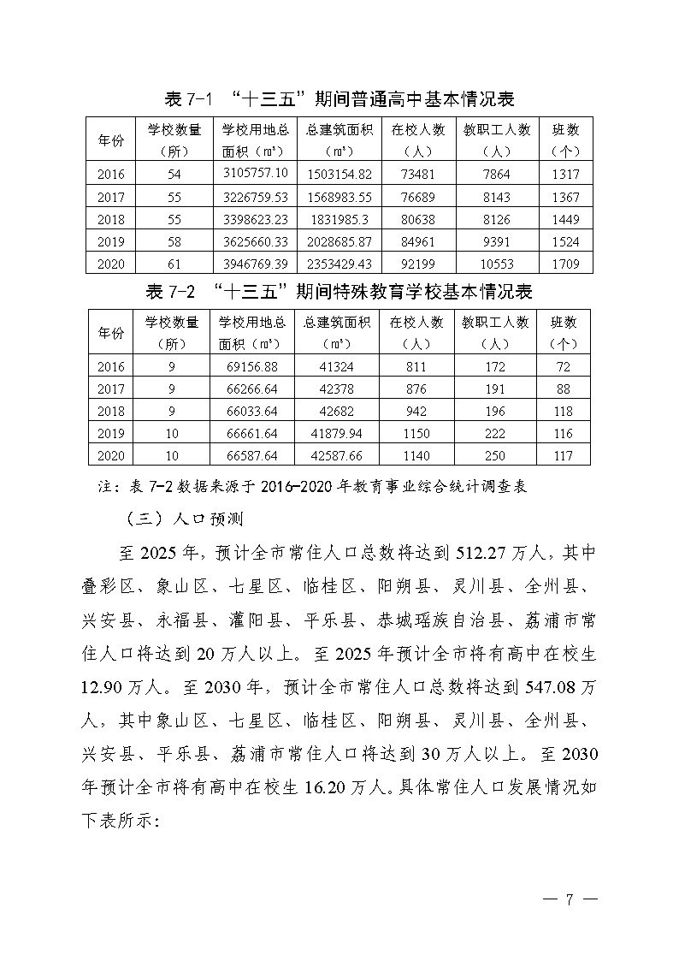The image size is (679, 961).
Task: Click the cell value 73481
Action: (417, 175)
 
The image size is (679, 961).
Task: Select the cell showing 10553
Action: (496, 264)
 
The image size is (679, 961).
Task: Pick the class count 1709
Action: (565, 264)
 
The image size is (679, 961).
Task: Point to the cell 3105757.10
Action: (255, 175)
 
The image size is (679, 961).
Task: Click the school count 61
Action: (174, 264)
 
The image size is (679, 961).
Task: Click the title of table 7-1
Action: (339, 99)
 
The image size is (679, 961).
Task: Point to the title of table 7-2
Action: (339, 292)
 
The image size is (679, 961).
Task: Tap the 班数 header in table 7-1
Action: (565, 139)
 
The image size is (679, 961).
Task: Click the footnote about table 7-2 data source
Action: (313, 487)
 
